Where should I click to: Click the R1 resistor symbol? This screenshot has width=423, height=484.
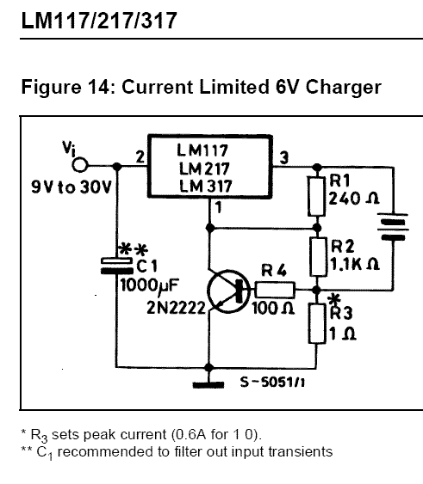point(316,196)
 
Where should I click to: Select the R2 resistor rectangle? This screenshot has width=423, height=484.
point(318,257)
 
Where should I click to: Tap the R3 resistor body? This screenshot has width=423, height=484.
point(317,323)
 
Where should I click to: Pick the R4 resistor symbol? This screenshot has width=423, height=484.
point(275,290)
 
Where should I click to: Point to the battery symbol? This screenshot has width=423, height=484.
point(393,227)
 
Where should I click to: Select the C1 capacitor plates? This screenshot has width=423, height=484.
point(117,266)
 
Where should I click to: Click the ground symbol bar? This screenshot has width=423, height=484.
point(208,385)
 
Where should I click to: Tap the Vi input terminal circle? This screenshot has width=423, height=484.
point(80,165)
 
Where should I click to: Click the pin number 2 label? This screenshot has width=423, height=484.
point(140,156)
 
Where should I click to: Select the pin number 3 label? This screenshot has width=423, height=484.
point(283,157)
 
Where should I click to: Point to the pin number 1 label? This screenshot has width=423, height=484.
point(219,207)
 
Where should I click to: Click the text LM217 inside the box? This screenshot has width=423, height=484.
point(204,168)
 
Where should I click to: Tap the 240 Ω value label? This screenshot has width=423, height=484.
point(354,199)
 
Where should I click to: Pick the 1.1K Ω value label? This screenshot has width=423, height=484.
point(355,264)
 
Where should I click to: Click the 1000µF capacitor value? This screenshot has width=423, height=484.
point(149,285)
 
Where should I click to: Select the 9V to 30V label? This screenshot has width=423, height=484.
point(71,187)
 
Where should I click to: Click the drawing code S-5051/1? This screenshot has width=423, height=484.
point(272,383)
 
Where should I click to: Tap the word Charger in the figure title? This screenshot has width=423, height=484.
point(344,87)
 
